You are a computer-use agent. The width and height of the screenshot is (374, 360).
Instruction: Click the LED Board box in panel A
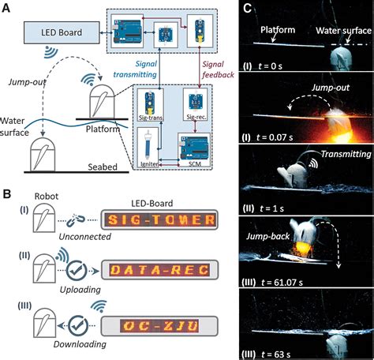pos(58,32)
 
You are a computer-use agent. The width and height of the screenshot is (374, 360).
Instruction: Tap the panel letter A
pos(6,7)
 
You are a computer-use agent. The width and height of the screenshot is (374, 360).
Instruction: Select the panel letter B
pos(6,193)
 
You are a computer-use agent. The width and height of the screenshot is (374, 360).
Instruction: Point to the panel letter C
pos(247,8)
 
